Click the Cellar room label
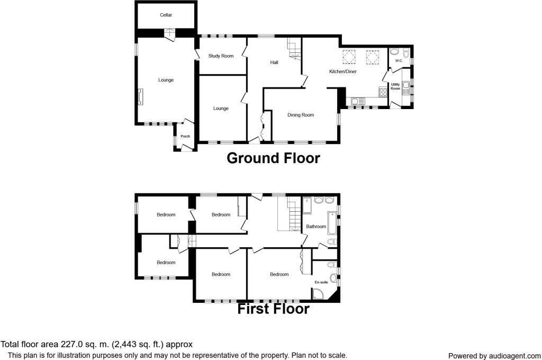pyautogui.click(x=166, y=15)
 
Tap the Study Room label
pyautogui.click(x=221, y=56)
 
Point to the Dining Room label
pyautogui.click(x=301, y=115)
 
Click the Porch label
pyautogui.click(x=185, y=137)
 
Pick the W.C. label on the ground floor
pyautogui.click(x=399, y=61)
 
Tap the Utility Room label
pyautogui.click(x=395, y=87)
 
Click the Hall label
pyautogui.click(x=274, y=62)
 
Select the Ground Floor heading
pyautogui.click(x=273, y=158)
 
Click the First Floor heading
pyautogui.click(x=273, y=309)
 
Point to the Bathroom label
pyautogui.click(x=316, y=227)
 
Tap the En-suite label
pyautogui.click(x=321, y=283)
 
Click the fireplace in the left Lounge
pyautogui.click(x=140, y=97)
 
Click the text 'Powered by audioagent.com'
pyautogui.click(x=494, y=356)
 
